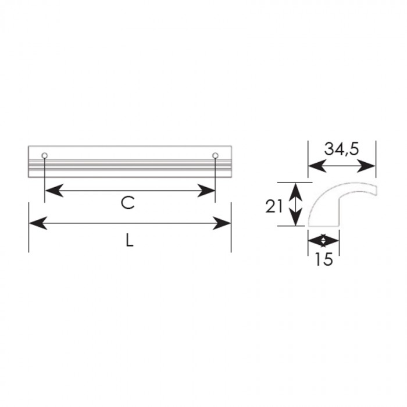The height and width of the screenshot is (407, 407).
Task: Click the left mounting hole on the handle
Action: pyautogui.click(x=45, y=155)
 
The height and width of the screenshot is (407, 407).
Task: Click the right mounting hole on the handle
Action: pyautogui.click(x=215, y=155)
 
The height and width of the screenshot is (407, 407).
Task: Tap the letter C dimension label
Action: pyautogui.click(x=128, y=203)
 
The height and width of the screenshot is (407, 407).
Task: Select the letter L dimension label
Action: pyautogui.click(x=130, y=240)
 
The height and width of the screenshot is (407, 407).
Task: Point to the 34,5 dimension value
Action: pyautogui.click(x=342, y=149)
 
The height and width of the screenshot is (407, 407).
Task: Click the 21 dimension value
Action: pyautogui.click(x=274, y=207)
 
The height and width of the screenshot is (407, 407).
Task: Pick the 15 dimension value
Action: pyautogui.click(x=323, y=259)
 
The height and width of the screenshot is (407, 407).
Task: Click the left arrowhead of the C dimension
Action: pyautogui.click(x=55, y=191)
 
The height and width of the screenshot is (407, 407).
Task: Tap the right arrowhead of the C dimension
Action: pyautogui.click(x=206, y=191)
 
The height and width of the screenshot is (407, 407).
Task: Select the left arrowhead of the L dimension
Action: pyautogui.click(x=38, y=223)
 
